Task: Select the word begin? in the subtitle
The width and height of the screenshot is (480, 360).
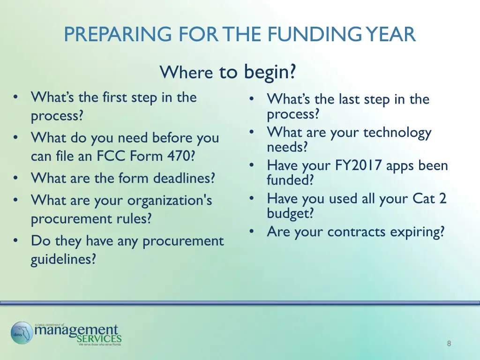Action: (x=270, y=72)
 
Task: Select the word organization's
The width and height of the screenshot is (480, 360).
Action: (x=170, y=200)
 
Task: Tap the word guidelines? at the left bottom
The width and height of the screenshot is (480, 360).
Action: (x=63, y=259)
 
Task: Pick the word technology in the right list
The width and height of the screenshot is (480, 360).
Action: (x=397, y=133)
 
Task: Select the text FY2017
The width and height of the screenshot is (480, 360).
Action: (x=360, y=165)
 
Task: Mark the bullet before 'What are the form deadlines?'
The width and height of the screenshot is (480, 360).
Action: (x=17, y=178)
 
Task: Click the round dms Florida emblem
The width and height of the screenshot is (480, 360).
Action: (x=22, y=333)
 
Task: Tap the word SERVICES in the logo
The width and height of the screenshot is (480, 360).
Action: (x=99, y=338)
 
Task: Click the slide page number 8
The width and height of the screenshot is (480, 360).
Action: (x=449, y=344)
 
